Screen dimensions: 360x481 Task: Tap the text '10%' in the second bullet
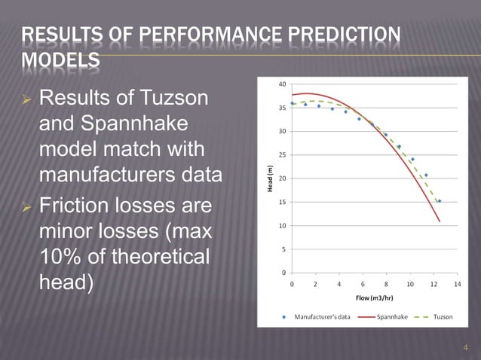coord(60,256)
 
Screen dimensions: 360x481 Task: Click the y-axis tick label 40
coord(281,84)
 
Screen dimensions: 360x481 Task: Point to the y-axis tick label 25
coord(281,154)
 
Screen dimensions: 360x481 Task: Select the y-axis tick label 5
coord(283,249)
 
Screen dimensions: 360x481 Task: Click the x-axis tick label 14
coord(457,285)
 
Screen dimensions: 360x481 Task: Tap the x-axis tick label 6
coord(363,285)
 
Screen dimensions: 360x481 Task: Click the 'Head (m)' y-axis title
coord(269,178)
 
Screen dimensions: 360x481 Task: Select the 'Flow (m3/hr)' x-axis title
coord(375,298)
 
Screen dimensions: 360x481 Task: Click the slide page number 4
coord(465,347)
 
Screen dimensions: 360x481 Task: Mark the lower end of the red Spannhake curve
coord(440,221)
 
